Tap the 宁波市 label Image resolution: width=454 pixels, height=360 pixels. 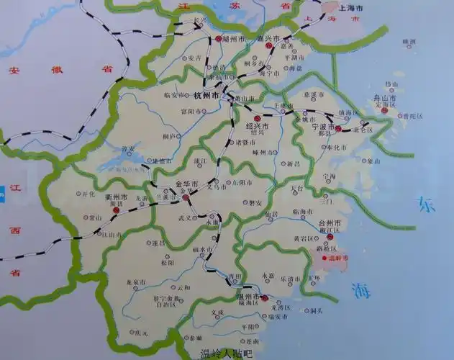[313, 128]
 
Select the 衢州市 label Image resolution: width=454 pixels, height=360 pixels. [117, 196]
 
